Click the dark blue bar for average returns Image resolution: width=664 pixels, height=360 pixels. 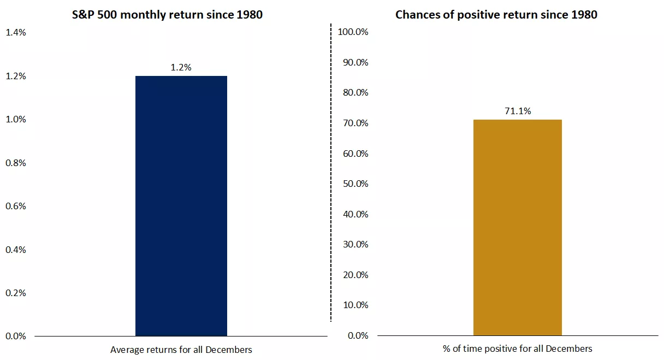click(x=181, y=206)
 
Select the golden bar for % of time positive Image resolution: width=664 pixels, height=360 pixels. click(x=517, y=227)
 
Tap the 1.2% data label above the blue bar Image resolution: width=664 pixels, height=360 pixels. click(x=181, y=68)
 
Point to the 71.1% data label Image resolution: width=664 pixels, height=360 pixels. click(x=517, y=111)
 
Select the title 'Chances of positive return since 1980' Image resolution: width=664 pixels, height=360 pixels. click(x=496, y=15)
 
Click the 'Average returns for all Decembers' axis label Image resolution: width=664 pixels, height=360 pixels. click(x=181, y=350)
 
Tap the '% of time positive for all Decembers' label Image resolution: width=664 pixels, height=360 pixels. click(x=517, y=349)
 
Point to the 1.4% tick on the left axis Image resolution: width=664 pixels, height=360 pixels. click(x=15, y=33)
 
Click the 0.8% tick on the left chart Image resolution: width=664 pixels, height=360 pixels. click(x=15, y=163)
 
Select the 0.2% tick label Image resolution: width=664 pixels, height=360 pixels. click(x=15, y=293)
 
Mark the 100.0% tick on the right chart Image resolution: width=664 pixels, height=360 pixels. click(x=353, y=32)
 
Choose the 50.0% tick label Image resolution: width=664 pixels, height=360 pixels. click(x=355, y=184)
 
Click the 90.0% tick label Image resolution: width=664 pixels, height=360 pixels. click(x=355, y=62)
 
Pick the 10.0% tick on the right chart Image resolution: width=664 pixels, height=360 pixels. click(x=355, y=305)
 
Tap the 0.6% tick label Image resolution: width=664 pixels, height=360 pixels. click(x=15, y=206)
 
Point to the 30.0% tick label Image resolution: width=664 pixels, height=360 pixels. click(x=355, y=244)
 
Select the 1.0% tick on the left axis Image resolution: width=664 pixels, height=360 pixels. click(x=15, y=120)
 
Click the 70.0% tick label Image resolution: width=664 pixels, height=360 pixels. click(x=355, y=123)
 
